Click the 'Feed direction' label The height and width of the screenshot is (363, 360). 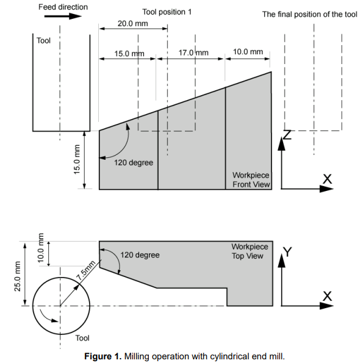[63, 7]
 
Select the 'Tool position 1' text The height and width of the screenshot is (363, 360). [167, 12]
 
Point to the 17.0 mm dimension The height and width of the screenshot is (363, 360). [193, 53]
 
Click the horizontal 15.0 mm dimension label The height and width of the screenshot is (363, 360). [129, 54]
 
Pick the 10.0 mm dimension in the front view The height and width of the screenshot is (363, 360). [248, 52]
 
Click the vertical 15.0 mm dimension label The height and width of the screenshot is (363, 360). [77, 160]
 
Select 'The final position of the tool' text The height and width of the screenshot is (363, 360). [309, 14]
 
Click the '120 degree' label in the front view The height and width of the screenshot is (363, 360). [134, 163]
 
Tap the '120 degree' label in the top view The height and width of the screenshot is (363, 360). [140, 254]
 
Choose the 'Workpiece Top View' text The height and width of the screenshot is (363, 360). [249, 251]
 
